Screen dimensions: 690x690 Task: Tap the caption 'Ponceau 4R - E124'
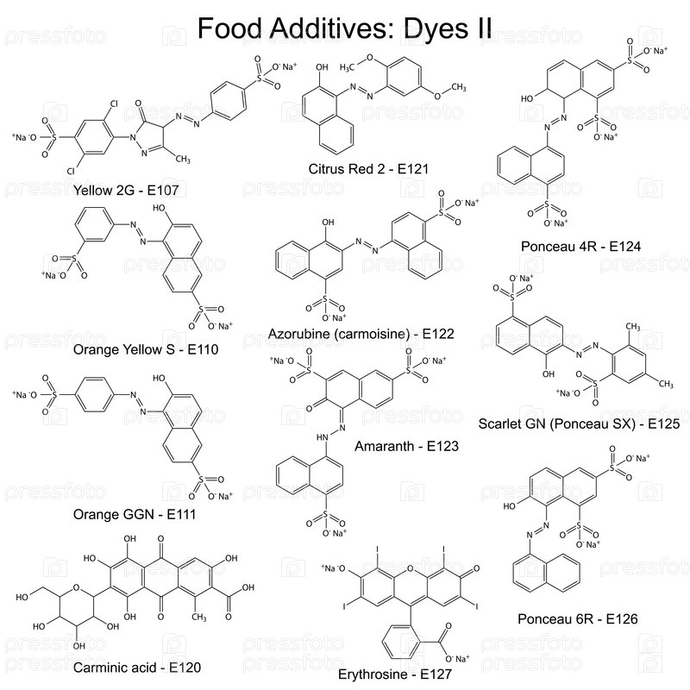pyautogui.click(x=578, y=247)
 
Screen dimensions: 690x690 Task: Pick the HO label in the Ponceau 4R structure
pyautogui.click(x=530, y=99)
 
